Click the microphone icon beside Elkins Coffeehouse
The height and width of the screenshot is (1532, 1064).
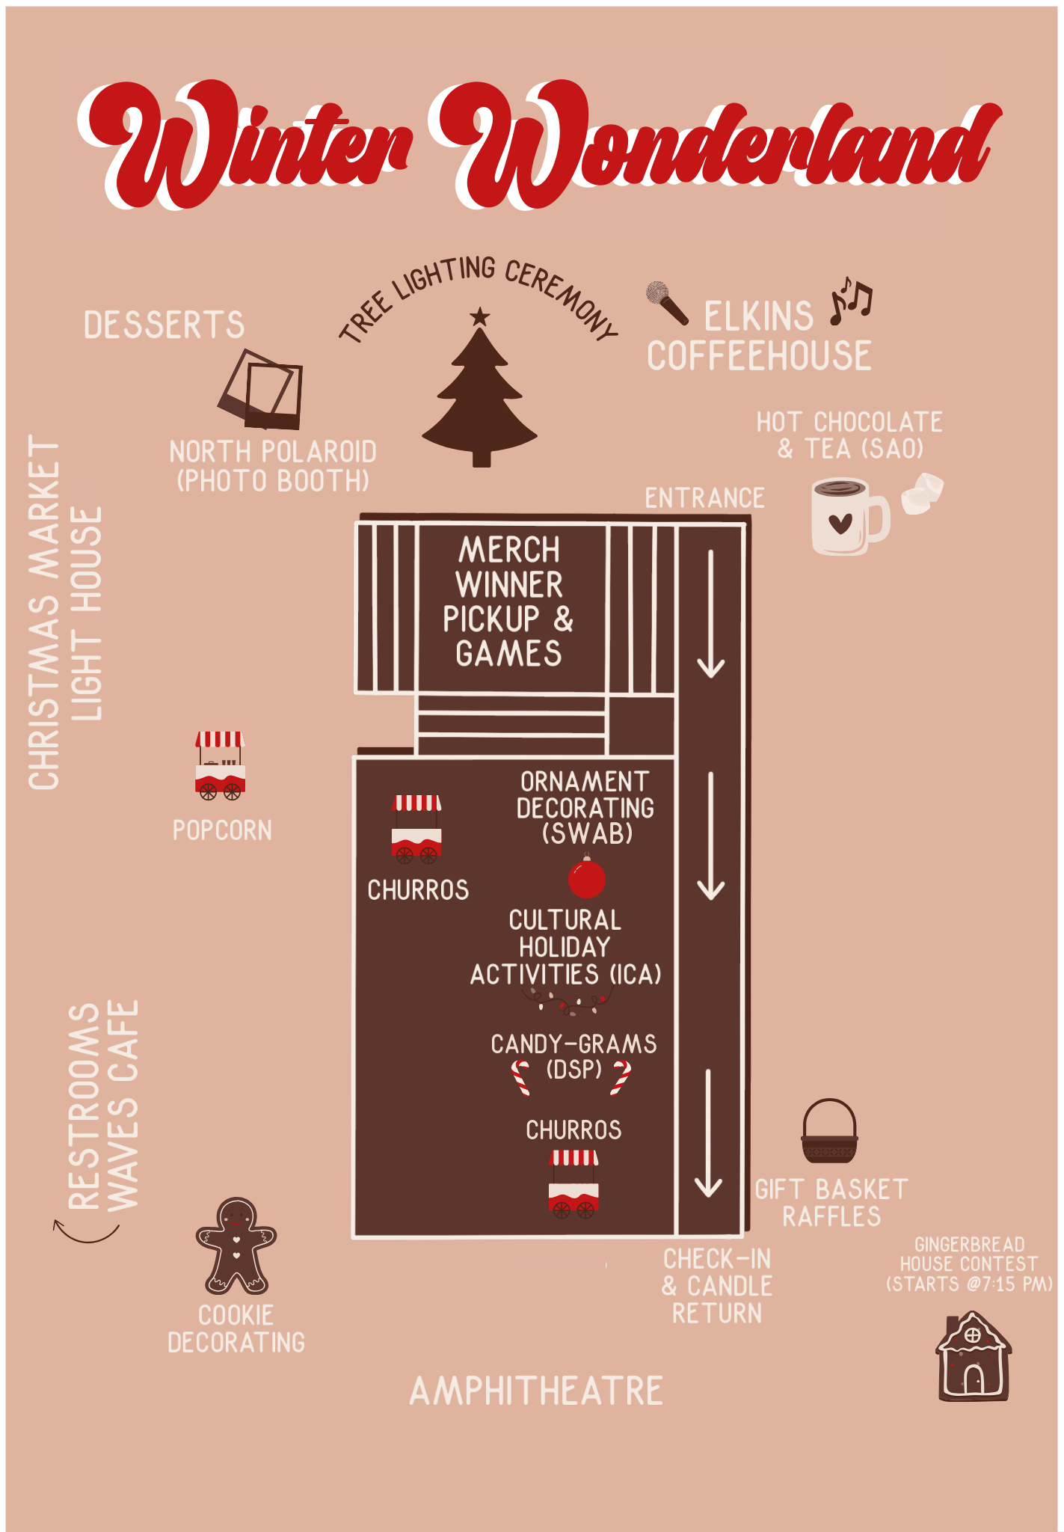point(666,301)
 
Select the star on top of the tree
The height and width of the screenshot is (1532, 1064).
point(479,317)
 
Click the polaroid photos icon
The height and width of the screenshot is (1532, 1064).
point(262,390)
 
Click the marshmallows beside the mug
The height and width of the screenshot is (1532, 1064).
point(922,492)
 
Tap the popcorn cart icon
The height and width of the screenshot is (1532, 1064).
point(220,765)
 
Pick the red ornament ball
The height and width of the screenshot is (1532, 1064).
point(586,879)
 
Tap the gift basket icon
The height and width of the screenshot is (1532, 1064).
point(829,1131)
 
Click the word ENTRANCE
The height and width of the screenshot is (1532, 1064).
point(704,498)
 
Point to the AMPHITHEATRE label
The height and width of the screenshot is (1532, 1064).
point(536,1391)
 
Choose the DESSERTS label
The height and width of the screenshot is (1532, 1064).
point(164,325)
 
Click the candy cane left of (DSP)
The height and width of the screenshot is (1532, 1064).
point(520,1078)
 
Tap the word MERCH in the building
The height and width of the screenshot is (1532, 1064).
point(509,550)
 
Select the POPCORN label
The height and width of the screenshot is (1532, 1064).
point(222,830)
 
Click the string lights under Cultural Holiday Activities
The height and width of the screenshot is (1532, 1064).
point(567,1000)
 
